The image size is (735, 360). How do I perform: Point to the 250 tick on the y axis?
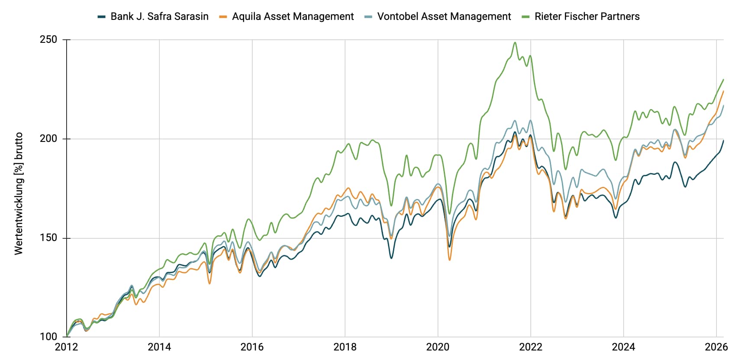point(48,39)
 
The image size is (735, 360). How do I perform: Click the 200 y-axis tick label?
point(48,138)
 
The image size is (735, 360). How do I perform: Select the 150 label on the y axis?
point(48,238)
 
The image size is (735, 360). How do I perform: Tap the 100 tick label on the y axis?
point(48,336)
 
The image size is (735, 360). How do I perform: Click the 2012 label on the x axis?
point(67,347)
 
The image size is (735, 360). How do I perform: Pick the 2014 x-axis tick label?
point(159,347)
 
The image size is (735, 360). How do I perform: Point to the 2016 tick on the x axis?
point(252,347)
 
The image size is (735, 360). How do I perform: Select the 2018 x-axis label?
point(345,347)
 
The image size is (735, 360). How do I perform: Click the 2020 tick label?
point(438,347)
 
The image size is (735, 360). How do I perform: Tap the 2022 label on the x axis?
point(531,347)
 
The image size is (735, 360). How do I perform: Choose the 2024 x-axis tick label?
point(623,347)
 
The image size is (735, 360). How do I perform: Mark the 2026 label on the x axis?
point(716,347)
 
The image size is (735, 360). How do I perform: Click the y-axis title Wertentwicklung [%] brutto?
point(18,193)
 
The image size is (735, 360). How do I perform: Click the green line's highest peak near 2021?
point(515,42)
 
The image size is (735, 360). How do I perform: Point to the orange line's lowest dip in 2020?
point(450,260)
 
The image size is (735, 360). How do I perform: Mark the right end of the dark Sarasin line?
point(723,140)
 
